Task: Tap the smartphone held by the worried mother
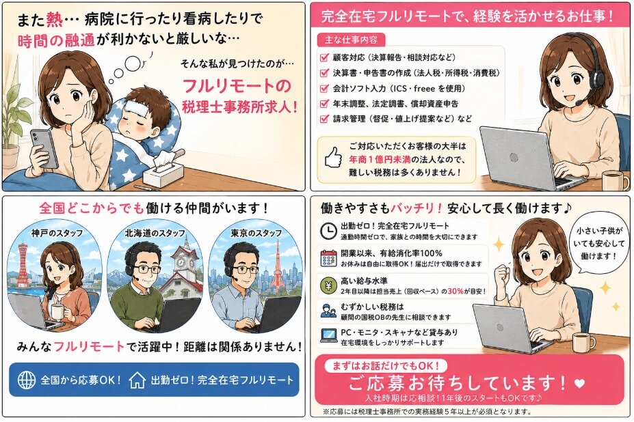(x=44, y=147)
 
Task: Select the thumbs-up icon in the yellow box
(x=334, y=157)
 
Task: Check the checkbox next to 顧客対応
(x=324, y=57)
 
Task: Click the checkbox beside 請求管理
(x=324, y=119)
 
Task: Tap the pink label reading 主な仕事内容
(x=351, y=40)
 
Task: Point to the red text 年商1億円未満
(x=380, y=160)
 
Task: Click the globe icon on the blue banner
(x=27, y=380)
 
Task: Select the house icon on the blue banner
(x=137, y=380)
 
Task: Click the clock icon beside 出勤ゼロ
(x=328, y=231)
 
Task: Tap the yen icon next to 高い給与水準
(x=328, y=285)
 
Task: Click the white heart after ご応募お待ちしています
(x=579, y=383)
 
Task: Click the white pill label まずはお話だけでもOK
(x=386, y=366)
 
